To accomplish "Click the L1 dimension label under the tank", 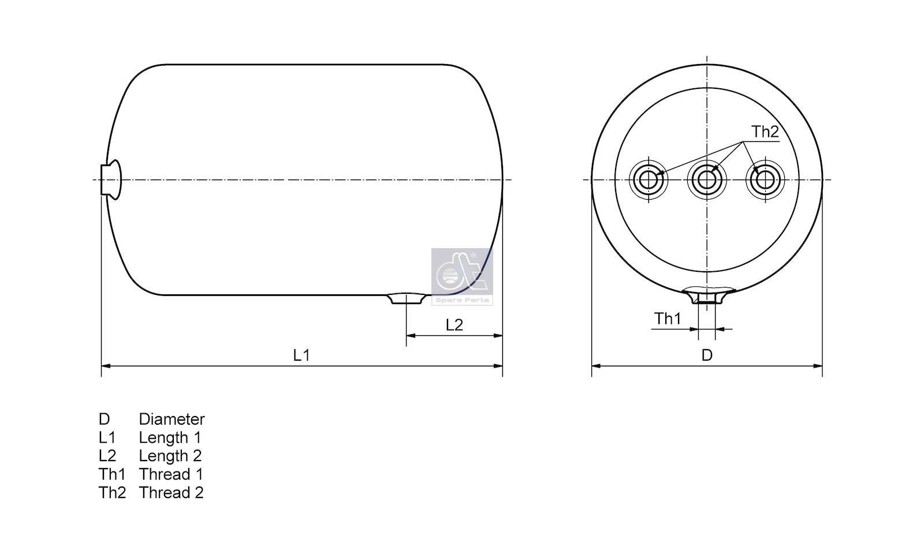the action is tap(301, 355).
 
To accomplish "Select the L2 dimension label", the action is tap(454, 325).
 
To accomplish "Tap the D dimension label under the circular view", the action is tap(707, 355).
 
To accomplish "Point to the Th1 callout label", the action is tap(668, 319).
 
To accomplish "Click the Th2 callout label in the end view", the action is tap(765, 132).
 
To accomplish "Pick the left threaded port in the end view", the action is tap(649, 179).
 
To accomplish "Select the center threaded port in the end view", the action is tap(707, 179).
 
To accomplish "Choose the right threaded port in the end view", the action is tap(765, 179).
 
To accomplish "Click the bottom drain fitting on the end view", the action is tap(707, 297).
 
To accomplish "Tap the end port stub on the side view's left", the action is tap(110, 179).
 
